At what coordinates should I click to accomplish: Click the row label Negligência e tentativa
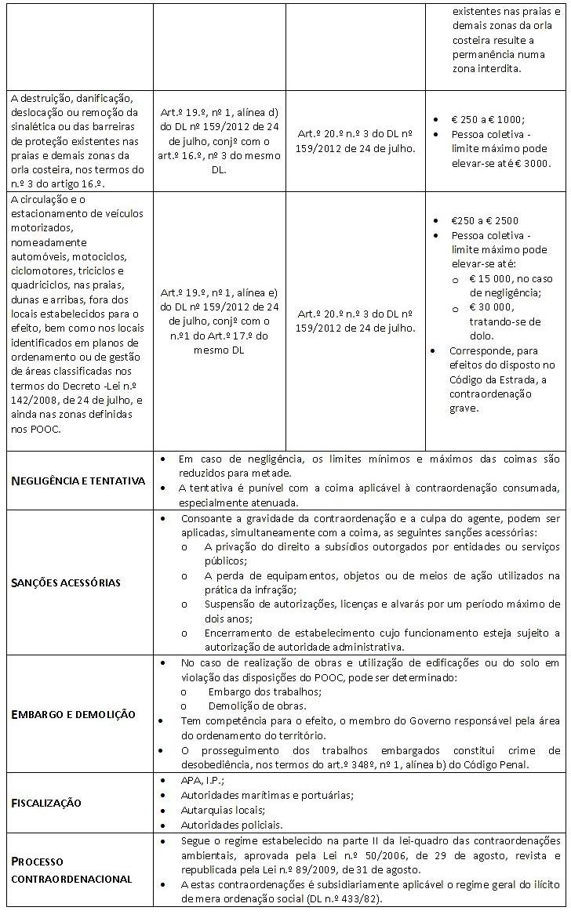(78, 480)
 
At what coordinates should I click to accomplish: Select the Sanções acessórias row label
(66, 582)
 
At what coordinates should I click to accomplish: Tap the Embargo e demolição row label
(74, 714)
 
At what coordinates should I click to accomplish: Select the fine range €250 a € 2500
(484, 220)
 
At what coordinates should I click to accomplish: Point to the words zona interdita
(486, 69)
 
